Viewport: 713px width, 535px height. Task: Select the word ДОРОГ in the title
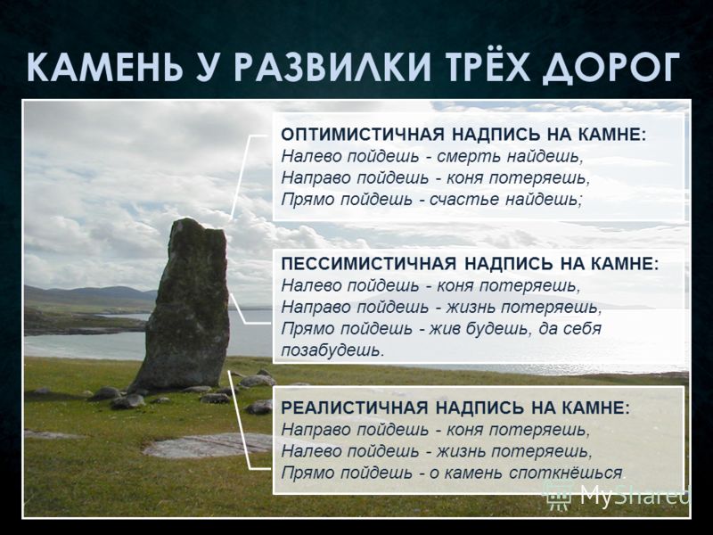[x=611, y=69]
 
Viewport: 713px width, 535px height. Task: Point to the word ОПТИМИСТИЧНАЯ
[x=362, y=135]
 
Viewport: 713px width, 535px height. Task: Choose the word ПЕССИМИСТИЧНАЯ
[x=368, y=264]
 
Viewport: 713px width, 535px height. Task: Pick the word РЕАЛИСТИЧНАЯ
[x=354, y=407]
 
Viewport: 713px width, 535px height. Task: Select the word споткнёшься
[x=565, y=473]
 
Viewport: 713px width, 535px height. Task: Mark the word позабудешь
[x=330, y=350]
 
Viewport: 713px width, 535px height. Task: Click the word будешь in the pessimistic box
[x=498, y=329]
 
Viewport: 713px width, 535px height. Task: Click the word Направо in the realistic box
[x=315, y=430]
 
